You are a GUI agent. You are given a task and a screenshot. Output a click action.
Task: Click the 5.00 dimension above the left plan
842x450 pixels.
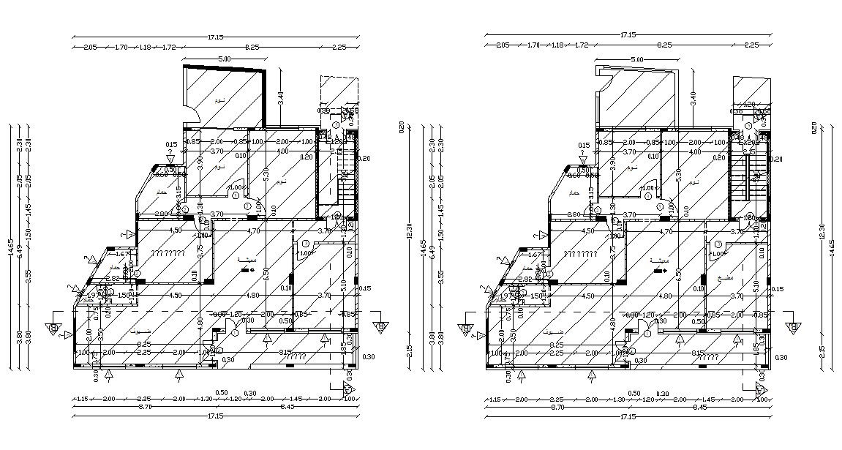click(224, 59)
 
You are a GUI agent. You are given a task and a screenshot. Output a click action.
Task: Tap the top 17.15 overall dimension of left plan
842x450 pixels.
click(215, 34)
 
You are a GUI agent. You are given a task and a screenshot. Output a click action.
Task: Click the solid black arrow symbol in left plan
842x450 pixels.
click(247, 271)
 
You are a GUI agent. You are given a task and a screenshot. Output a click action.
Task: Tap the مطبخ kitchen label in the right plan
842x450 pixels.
click(726, 278)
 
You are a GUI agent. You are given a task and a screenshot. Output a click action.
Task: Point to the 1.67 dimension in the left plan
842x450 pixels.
click(122, 254)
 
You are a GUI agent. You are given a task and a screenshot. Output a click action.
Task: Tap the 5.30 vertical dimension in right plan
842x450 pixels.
click(679, 174)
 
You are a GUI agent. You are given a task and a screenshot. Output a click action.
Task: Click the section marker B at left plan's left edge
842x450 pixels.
click(53, 327)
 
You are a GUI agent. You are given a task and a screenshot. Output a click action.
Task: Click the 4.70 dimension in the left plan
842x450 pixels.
click(254, 231)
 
